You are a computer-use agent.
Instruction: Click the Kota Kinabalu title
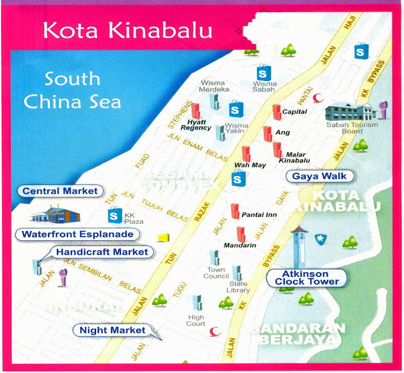click(124, 30)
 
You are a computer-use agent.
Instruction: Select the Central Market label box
click(60, 190)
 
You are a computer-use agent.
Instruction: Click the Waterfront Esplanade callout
click(77, 234)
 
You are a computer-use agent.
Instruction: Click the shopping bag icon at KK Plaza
click(114, 216)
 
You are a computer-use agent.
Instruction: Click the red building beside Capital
click(276, 112)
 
